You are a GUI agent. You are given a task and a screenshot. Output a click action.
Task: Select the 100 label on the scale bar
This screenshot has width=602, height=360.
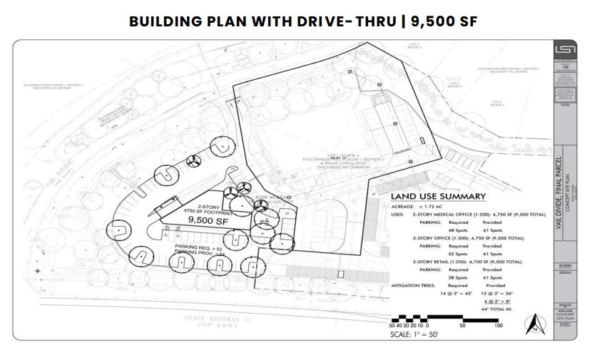(498, 325)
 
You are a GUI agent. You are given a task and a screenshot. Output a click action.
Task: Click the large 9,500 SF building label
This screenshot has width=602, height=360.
(207, 221)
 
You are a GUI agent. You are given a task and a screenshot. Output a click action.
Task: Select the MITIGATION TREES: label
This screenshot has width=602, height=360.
(414, 284)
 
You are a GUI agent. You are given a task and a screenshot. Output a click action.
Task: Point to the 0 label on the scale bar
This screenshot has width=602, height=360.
(427, 325)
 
